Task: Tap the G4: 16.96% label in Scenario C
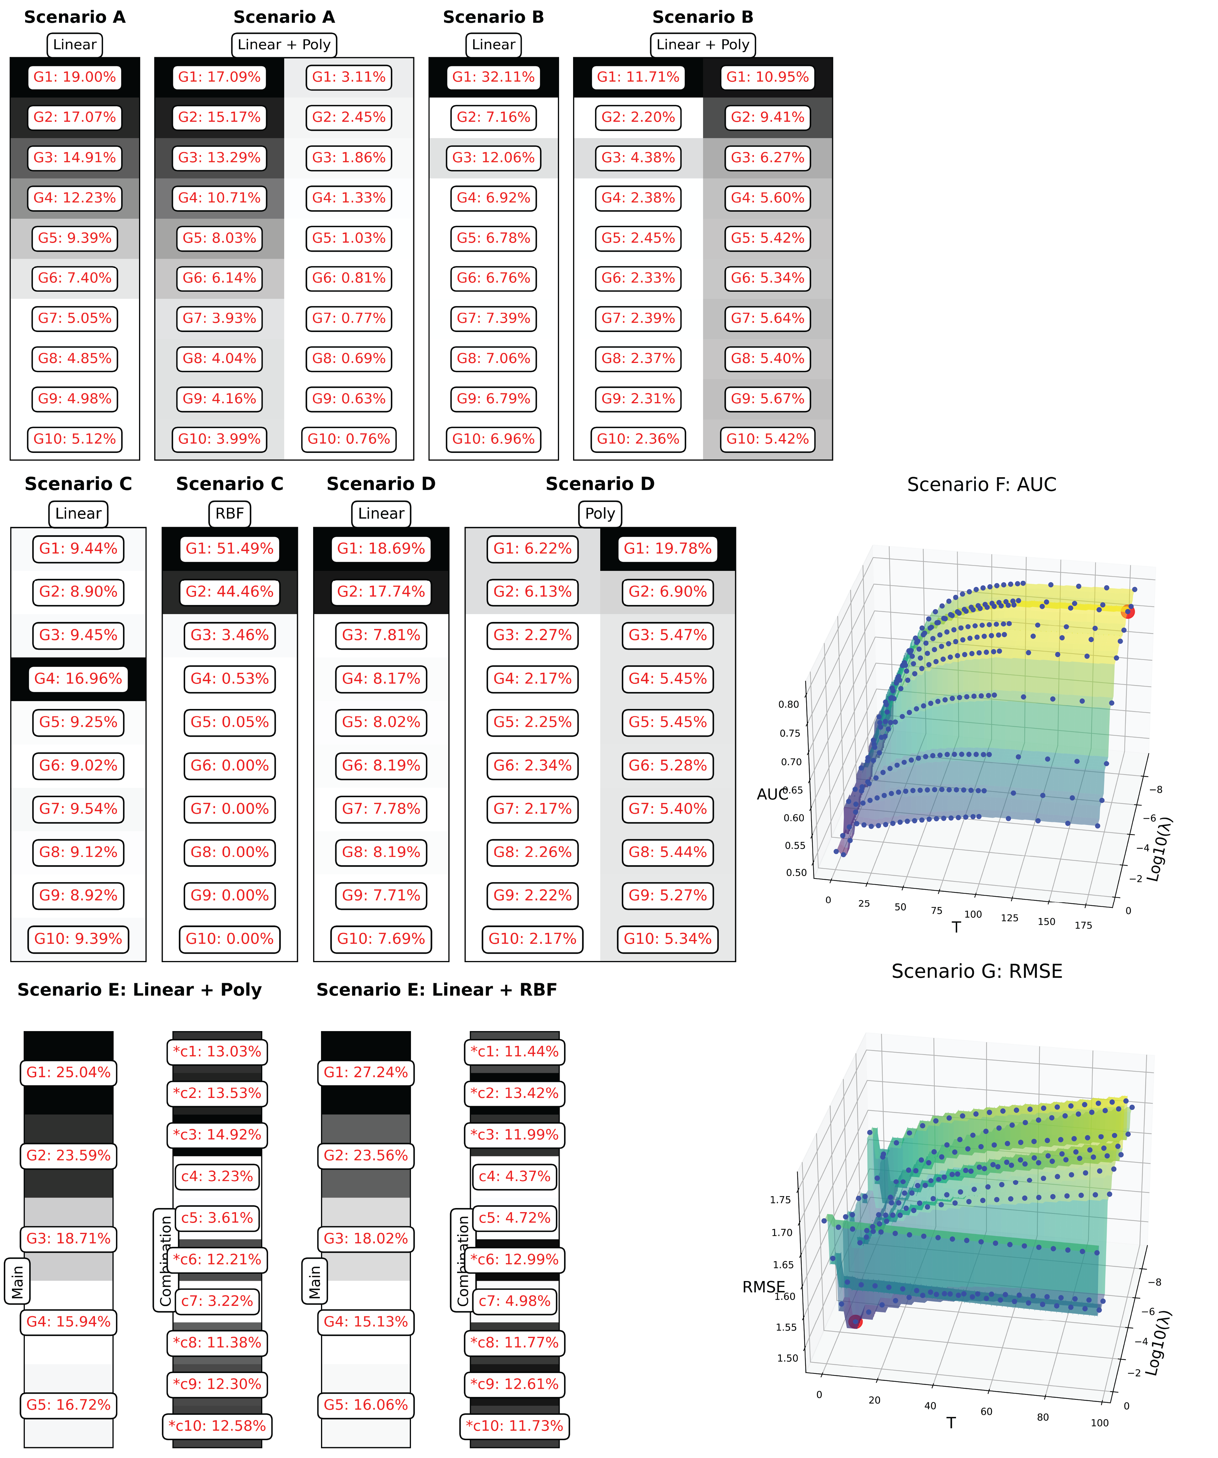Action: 79,678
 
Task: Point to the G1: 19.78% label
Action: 667,548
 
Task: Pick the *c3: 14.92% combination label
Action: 217,1134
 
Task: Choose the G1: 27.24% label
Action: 366,1072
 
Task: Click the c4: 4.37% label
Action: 515,1176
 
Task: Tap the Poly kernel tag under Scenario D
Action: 600,514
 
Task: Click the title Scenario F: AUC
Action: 981,485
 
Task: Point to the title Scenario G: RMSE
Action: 976,971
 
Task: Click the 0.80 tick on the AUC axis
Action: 788,704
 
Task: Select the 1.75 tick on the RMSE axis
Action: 780,1199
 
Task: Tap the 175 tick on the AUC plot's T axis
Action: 1083,925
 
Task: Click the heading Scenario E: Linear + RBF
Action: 436,990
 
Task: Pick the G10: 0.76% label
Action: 348,439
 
